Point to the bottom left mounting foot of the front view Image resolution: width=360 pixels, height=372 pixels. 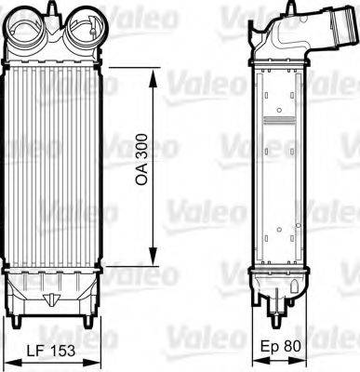pyautogui.click(x=21, y=321)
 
